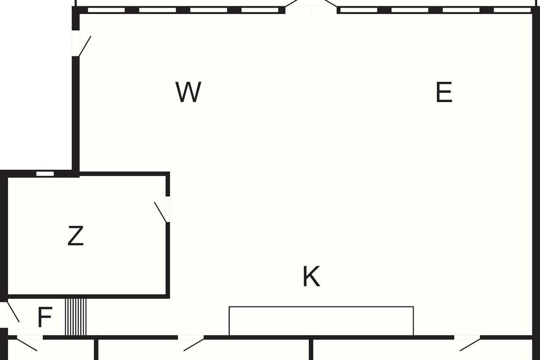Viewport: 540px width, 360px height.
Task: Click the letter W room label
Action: click(188, 92)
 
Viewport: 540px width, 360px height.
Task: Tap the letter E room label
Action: click(444, 92)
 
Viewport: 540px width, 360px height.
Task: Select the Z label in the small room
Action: click(76, 236)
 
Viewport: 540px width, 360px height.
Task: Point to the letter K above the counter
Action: click(311, 276)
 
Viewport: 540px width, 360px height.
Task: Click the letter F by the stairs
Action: click(45, 317)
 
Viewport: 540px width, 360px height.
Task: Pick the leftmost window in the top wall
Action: click(106, 10)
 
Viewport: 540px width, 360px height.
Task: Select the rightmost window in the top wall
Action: click(512, 10)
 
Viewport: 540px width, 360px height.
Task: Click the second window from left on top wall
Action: click(157, 10)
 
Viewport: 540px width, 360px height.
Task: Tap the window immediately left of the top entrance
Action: click(260, 10)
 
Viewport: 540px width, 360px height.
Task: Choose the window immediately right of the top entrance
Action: click(359, 10)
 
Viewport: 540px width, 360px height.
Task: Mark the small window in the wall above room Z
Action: click(45, 174)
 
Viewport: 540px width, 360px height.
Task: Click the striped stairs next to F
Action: click(76, 317)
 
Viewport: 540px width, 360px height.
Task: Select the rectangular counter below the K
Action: click(321, 321)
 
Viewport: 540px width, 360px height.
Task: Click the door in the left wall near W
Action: click(81, 43)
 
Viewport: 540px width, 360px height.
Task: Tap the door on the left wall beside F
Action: click(9, 315)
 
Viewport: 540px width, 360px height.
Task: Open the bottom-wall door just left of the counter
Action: click(192, 343)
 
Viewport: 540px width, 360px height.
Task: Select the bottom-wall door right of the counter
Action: click(468, 343)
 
